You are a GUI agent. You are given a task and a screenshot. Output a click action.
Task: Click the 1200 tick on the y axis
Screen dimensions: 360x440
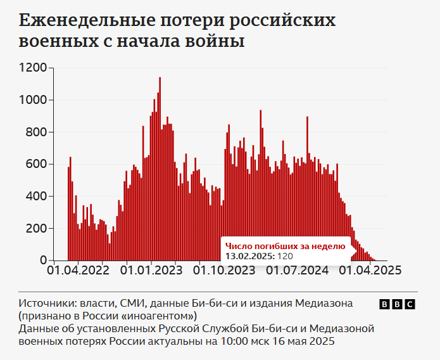[x=34, y=68]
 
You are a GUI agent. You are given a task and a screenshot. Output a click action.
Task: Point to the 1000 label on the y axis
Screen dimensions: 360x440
[x=34, y=100]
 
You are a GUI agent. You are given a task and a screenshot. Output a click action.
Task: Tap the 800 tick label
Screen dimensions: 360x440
[x=37, y=132]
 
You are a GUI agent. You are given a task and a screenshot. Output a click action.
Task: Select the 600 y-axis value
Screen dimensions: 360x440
[x=37, y=164]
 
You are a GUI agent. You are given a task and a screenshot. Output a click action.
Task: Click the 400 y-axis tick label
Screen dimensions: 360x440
[x=37, y=196]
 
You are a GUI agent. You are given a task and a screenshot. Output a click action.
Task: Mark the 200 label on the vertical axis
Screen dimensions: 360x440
[x=37, y=228]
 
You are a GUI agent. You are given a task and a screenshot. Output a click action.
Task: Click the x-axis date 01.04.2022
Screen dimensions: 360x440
[x=78, y=270]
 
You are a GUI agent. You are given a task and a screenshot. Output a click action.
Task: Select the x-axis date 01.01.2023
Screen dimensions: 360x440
[x=150, y=270]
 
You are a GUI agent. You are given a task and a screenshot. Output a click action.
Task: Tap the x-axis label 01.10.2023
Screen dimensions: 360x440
[x=223, y=270]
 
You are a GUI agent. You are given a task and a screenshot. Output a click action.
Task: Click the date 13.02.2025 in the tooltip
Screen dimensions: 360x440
[x=249, y=256]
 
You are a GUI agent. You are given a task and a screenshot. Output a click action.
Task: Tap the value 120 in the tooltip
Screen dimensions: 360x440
[x=286, y=256]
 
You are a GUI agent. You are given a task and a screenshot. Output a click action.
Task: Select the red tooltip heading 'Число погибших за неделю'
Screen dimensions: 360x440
[x=286, y=246]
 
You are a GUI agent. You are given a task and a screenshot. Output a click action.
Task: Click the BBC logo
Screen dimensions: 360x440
[x=397, y=304]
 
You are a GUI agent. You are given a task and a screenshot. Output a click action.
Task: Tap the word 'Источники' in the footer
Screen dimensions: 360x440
[x=43, y=302]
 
